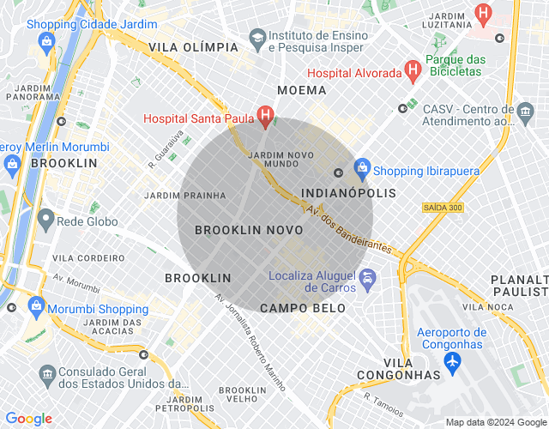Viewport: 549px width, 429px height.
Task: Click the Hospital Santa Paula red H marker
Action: [x=266, y=114]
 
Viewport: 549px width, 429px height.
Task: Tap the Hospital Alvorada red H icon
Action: [x=412, y=69]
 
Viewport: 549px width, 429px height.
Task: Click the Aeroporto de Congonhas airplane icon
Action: [x=452, y=362]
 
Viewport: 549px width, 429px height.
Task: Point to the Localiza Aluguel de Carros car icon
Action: [x=367, y=278]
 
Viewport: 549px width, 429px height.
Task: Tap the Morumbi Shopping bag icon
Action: [x=37, y=305]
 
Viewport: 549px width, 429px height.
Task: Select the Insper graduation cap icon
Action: [x=256, y=39]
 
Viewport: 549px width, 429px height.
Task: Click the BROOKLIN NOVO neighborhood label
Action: [x=248, y=231]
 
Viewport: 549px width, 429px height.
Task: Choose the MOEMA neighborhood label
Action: [x=301, y=90]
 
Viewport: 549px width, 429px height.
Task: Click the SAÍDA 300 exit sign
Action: [x=442, y=208]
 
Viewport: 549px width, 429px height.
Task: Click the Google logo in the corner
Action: [x=28, y=419]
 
